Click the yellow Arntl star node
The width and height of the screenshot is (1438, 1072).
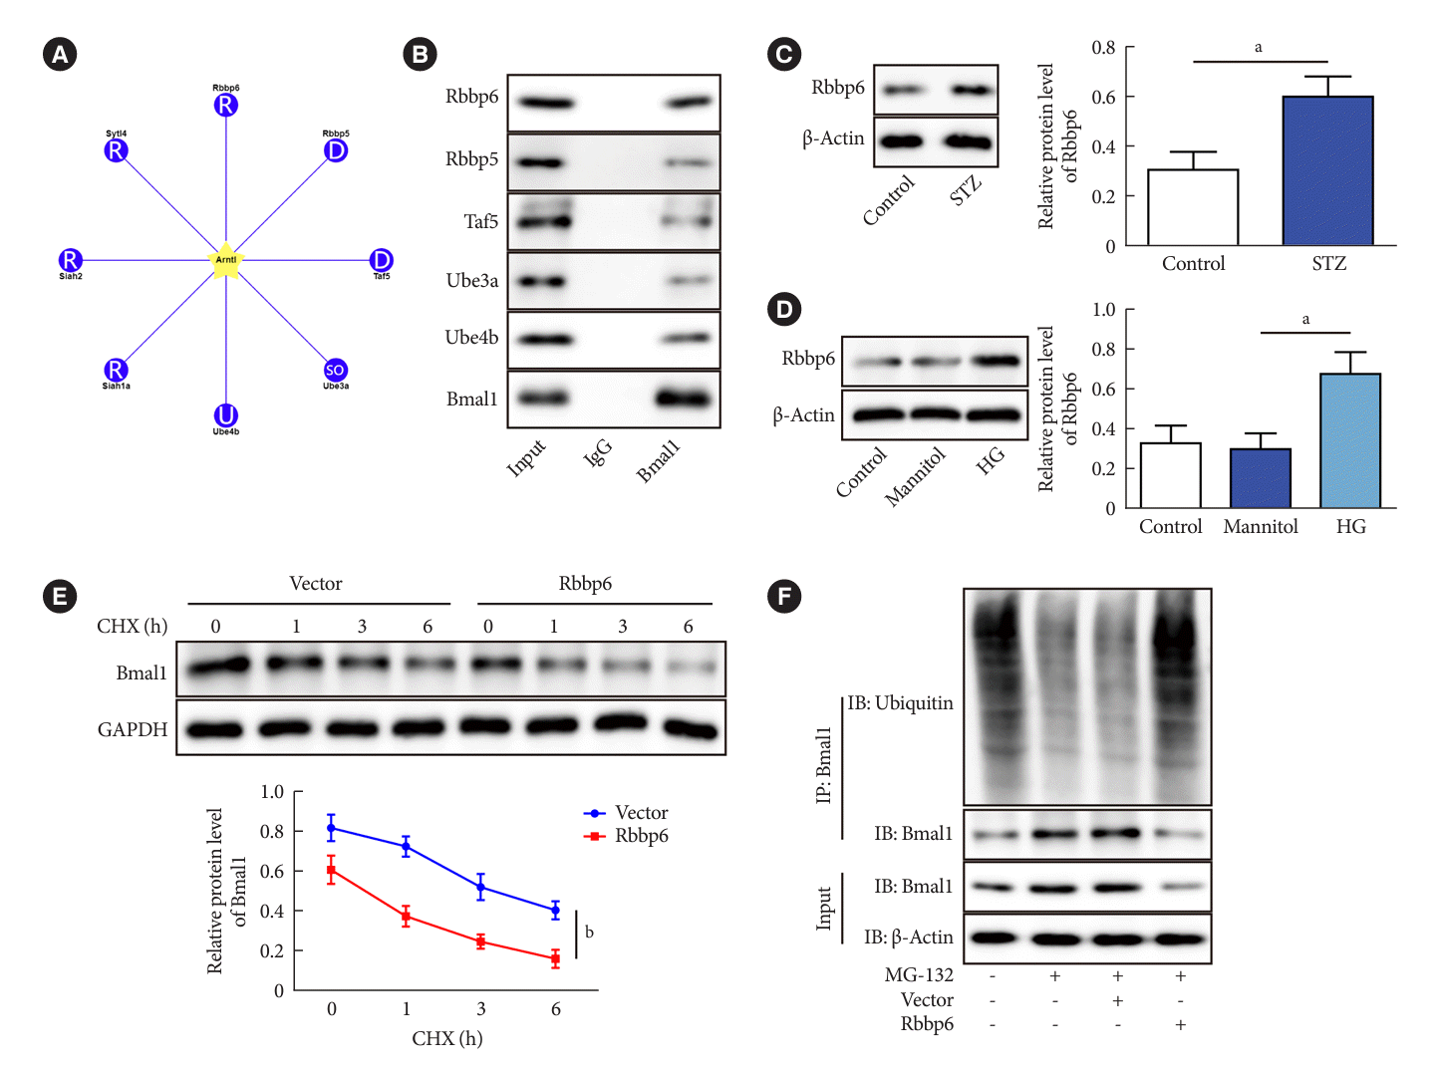tap(226, 261)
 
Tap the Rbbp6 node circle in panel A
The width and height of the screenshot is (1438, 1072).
tap(226, 105)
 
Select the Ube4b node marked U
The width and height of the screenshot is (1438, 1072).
tap(226, 414)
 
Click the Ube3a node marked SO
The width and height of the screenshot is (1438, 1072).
tap(335, 371)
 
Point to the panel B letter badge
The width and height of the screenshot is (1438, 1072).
tap(420, 54)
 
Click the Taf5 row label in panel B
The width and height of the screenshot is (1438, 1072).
tap(480, 221)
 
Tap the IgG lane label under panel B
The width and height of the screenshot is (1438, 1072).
tap(597, 453)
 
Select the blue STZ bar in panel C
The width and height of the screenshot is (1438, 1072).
tap(1327, 170)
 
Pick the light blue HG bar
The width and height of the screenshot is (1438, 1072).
tap(1350, 440)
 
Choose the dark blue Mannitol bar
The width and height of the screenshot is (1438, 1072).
tap(1261, 478)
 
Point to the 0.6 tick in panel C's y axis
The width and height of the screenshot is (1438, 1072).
tap(1103, 97)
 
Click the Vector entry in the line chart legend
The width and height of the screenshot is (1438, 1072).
tap(641, 813)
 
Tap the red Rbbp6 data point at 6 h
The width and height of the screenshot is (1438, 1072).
tap(555, 958)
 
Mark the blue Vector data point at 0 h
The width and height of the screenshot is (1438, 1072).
tap(331, 828)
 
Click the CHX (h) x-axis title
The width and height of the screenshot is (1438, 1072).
tap(446, 1038)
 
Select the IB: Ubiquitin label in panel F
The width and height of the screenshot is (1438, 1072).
tap(900, 703)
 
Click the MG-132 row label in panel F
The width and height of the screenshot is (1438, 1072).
tap(919, 975)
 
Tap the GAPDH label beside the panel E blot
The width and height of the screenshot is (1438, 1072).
tap(133, 729)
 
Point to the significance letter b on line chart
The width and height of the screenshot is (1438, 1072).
tap(589, 933)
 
